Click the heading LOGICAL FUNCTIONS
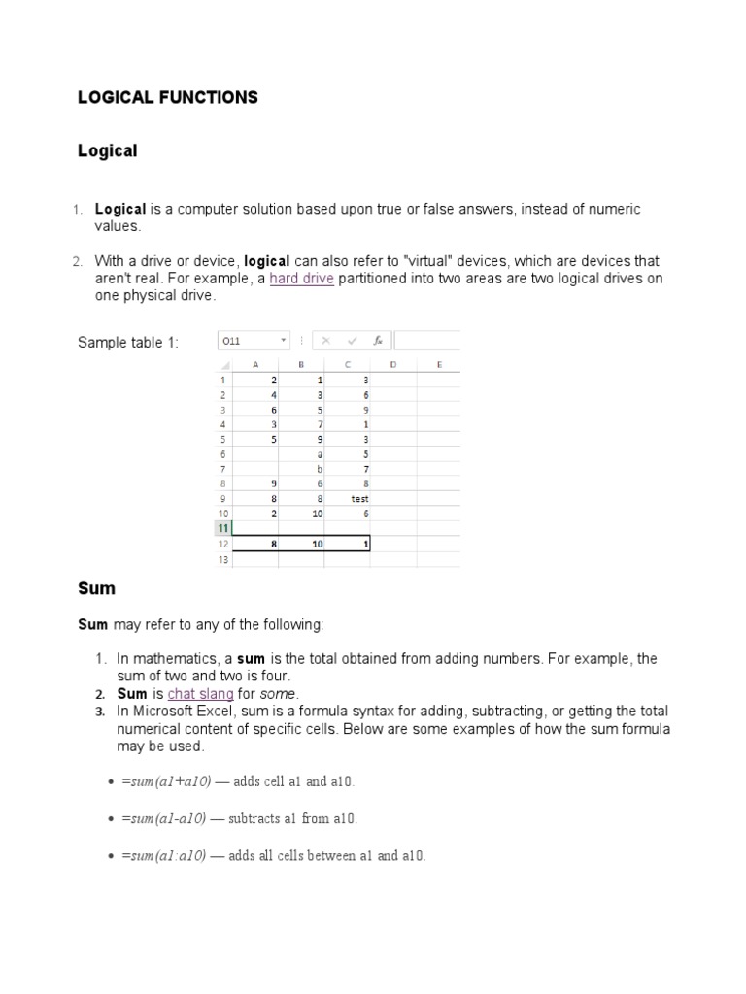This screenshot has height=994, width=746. tap(168, 97)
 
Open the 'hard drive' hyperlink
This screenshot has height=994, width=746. tap(301, 280)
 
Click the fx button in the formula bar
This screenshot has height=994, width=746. tap(378, 341)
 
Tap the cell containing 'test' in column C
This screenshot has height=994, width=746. tap(359, 499)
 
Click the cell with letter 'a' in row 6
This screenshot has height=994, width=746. tap(320, 454)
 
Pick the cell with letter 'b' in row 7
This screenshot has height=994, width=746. tap(320, 469)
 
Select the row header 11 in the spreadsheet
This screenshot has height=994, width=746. tap(222, 529)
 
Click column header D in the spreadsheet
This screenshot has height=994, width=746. tap(393, 365)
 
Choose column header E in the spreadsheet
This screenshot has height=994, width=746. tap(439, 365)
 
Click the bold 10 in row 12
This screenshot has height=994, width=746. tap(317, 545)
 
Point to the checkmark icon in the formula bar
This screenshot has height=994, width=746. tap(351, 341)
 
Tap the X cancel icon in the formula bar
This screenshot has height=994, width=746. tap(325, 341)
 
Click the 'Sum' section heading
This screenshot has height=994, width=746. tap(96, 588)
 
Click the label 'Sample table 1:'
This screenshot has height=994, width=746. tap(128, 343)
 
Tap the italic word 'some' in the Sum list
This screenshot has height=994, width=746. tap(280, 694)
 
